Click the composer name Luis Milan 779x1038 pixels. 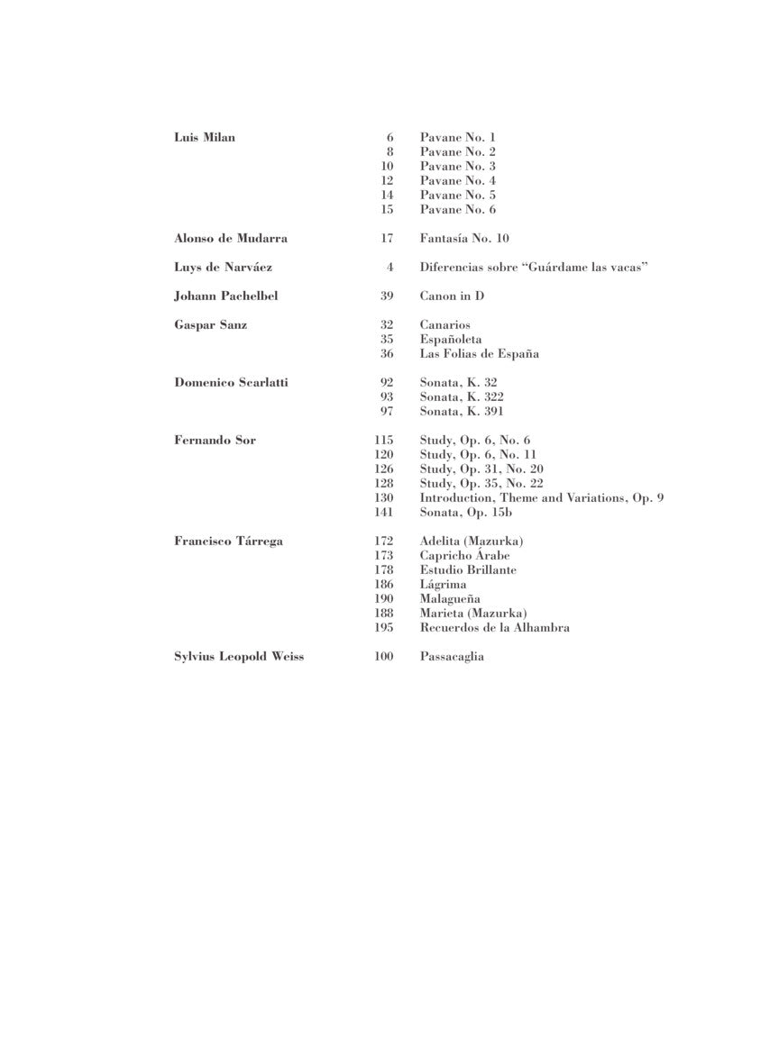tap(204, 138)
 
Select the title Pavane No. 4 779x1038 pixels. tap(457, 181)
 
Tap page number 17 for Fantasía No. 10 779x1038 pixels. tap(387, 239)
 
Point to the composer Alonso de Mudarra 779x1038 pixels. tap(231, 239)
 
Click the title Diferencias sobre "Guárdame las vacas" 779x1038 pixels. tap(535, 268)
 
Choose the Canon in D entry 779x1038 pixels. tap(452, 296)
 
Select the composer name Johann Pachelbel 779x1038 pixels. tap(227, 296)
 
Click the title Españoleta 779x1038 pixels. tap(451, 340)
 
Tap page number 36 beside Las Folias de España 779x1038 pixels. tap(387, 354)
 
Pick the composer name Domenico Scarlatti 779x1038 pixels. tap(231, 383)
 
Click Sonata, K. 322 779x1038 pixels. tap(462, 397)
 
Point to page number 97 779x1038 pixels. tap(387, 412)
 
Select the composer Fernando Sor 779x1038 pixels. tap(215, 441)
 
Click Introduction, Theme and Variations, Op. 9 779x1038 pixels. tap(542, 498)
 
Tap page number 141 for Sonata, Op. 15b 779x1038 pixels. tap(384, 513)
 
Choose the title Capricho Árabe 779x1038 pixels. tap(464, 556)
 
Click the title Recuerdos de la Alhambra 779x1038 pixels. tap(494, 628)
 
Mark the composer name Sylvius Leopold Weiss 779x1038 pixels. tap(239, 657)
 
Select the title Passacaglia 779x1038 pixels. tap(452, 657)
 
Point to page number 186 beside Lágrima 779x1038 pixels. tap(384, 585)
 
